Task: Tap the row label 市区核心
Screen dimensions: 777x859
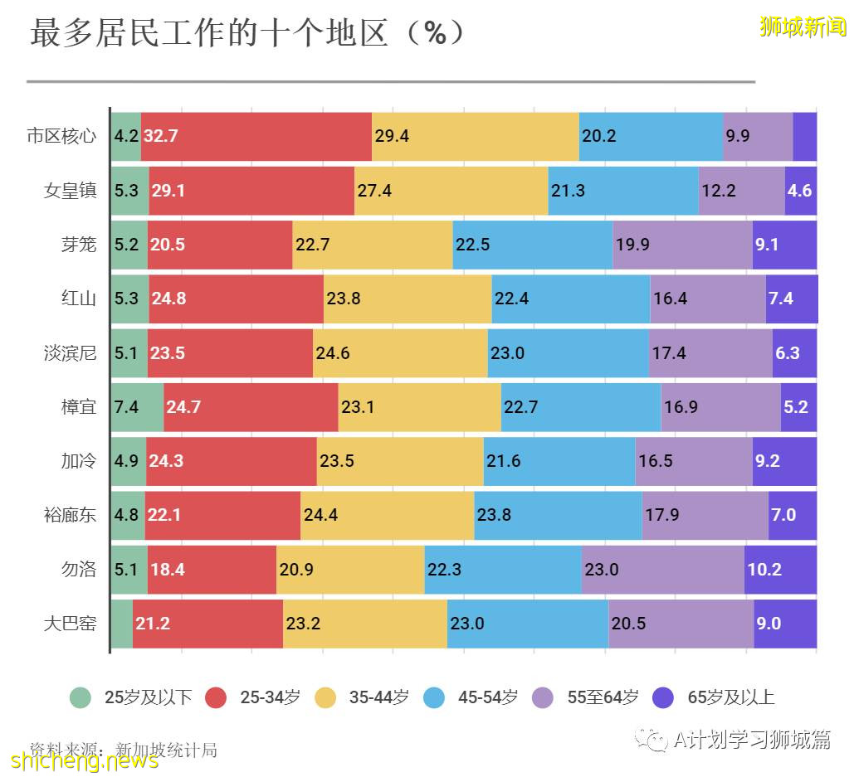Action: [x=61, y=136]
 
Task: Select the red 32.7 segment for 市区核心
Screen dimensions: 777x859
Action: [x=256, y=136]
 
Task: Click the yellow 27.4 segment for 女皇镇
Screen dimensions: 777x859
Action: [x=451, y=191]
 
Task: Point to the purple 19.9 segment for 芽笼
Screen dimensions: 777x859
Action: [x=682, y=245]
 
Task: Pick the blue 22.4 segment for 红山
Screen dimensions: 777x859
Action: [x=570, y=299]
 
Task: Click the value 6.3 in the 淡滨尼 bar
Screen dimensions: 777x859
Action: [x=787, y=353]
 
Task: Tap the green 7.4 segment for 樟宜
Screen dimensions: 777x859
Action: [x=137, y=407]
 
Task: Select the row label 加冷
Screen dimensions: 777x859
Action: [x=79, y=461]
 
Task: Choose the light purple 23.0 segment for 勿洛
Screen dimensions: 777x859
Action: [x=662, y=570]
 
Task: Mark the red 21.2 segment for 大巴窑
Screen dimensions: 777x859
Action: [x=207, y=624]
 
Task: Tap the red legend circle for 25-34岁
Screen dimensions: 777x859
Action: [x=217, y=697]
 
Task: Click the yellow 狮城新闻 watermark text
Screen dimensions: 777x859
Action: [x=802, y=27]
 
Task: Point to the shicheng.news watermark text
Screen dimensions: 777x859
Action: [x=83, y=760]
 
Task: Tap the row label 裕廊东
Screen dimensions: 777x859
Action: [x=71, y=515]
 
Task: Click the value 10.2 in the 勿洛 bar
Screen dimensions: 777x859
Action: [x=764, y=570]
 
